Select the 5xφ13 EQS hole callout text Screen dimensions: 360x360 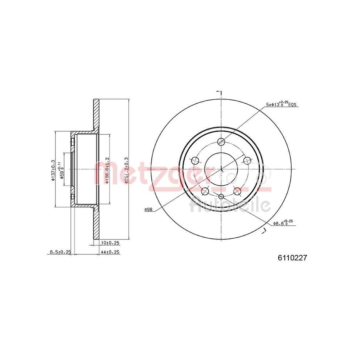coord(281,104)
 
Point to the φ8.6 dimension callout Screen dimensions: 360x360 coord(282,224)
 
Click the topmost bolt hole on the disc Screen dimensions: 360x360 coord(221,141)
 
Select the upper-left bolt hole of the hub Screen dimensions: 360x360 coord(195,160)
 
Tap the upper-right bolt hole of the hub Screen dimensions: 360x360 coord(247,160)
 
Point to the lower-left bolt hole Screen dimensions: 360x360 coord(205,191)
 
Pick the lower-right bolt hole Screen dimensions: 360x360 coord(237,191)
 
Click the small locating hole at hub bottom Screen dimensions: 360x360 coord(221,196)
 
